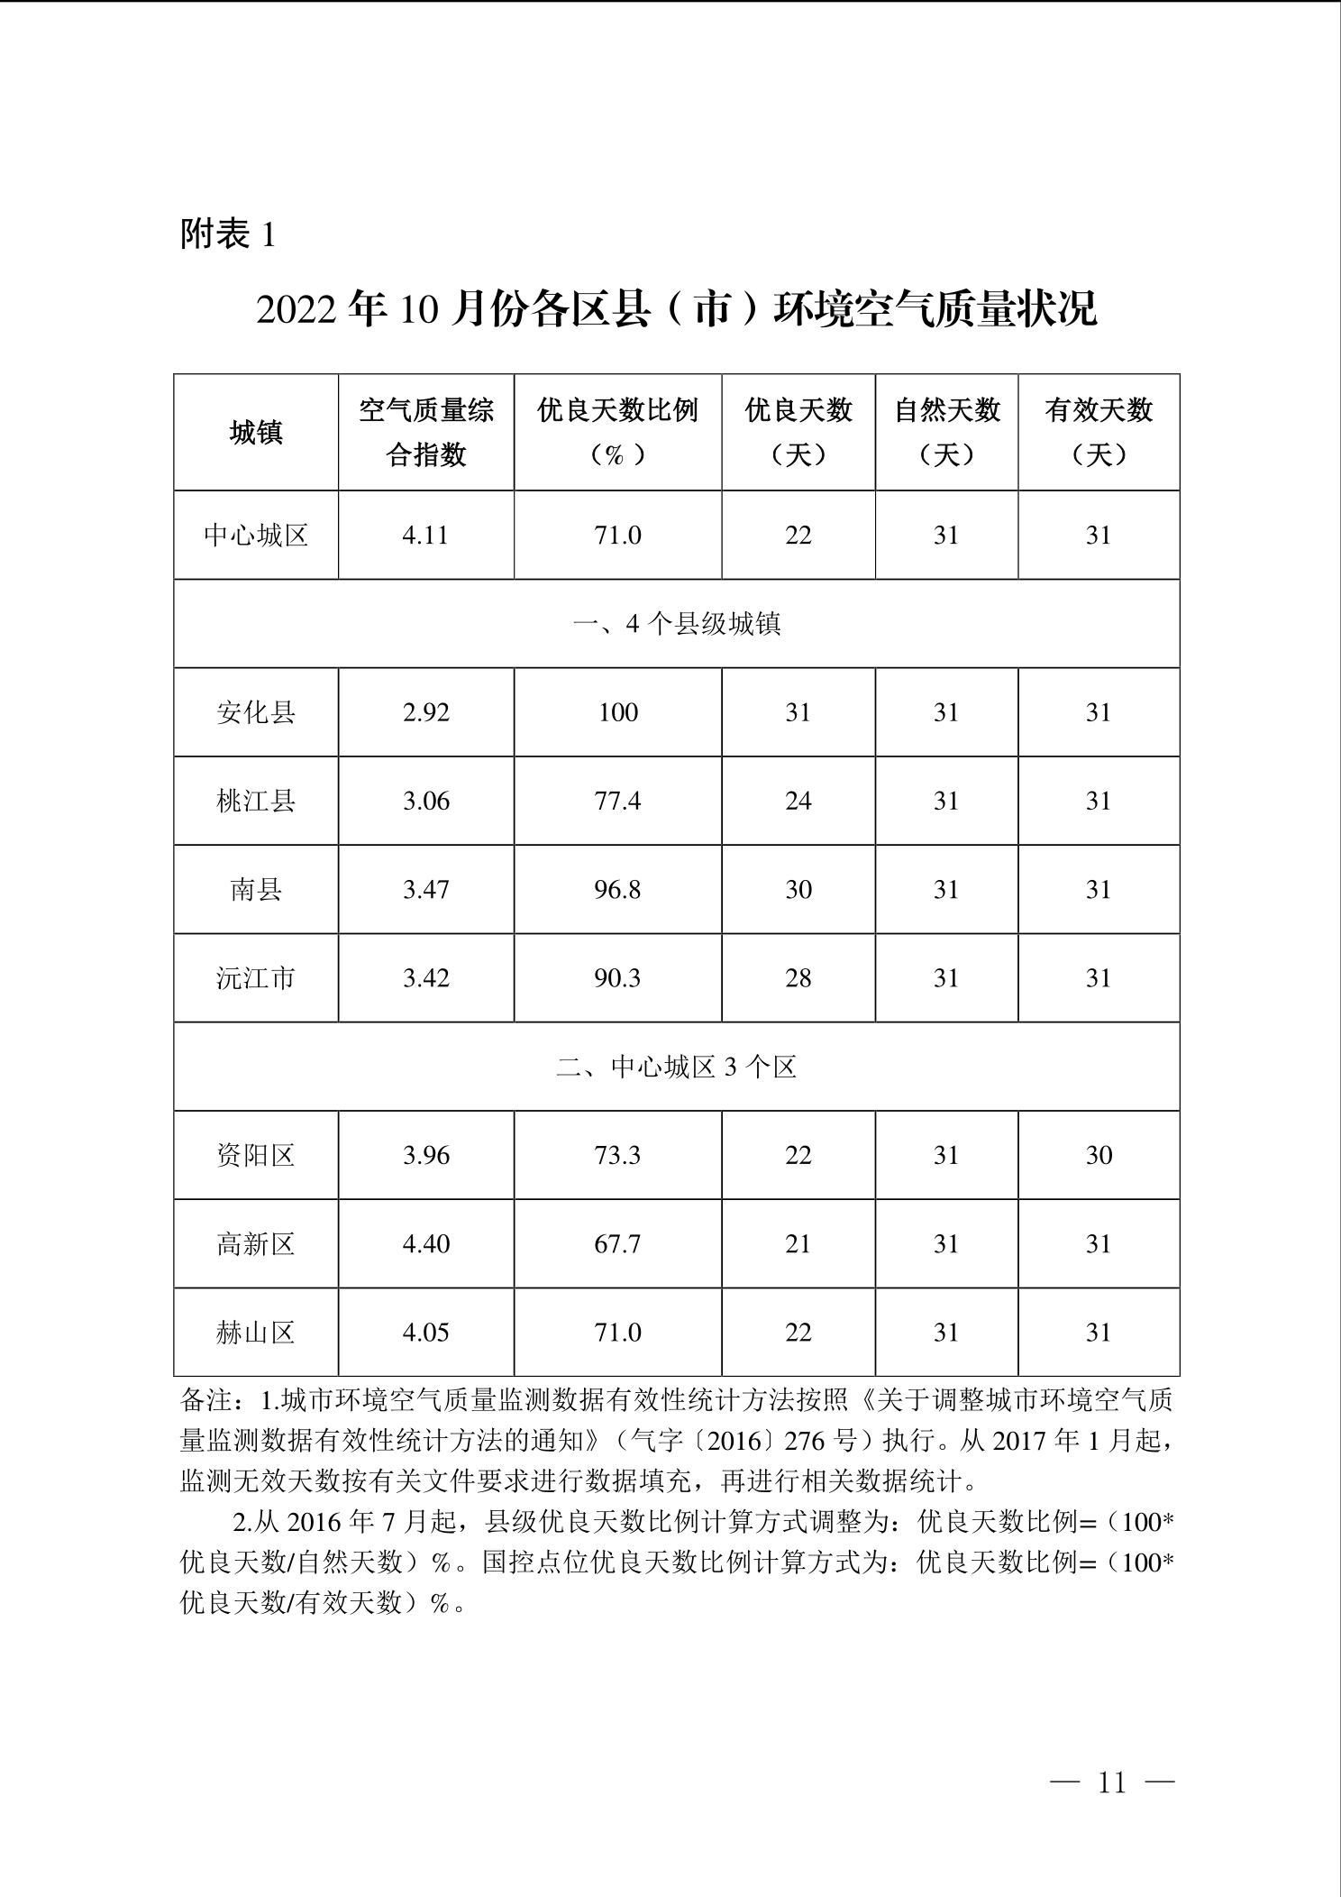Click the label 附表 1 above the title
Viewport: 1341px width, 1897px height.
pos(228,235)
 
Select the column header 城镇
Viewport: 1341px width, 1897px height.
pos(256,433)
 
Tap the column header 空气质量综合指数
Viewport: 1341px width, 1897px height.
pos(426,433)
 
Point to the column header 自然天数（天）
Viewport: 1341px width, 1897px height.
pos(946,433)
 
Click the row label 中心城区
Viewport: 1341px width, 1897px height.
pos(256,536)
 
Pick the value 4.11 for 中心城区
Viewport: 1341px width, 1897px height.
pos(425,536)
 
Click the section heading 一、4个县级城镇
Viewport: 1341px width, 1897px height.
pos(677,624)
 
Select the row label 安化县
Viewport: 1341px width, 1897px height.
pos(256,712)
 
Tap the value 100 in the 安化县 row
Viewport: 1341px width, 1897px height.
pos(617,712)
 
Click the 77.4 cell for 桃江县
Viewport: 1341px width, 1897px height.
pos(617,801)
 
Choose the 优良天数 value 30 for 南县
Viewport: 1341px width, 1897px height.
pos(798,890)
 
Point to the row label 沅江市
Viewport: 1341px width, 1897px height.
pos(256,978)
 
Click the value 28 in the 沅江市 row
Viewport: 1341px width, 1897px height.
pos(798,978)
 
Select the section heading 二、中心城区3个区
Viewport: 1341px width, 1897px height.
pos(677,1068)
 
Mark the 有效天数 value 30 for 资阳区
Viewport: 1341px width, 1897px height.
pos(1099,1156)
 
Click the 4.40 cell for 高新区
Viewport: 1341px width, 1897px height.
pos(425,1244)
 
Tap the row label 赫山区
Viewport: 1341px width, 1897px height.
pos(256,1333)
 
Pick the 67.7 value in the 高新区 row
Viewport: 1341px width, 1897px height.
pos(617,1244)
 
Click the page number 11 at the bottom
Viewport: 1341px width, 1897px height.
pos(1112,1782)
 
